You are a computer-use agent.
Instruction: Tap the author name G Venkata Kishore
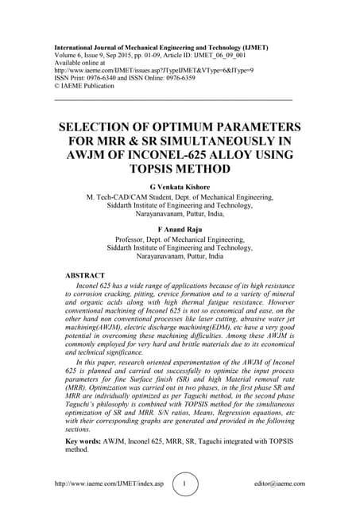(179, 185)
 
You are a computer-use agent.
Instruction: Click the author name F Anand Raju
(179, 230)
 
